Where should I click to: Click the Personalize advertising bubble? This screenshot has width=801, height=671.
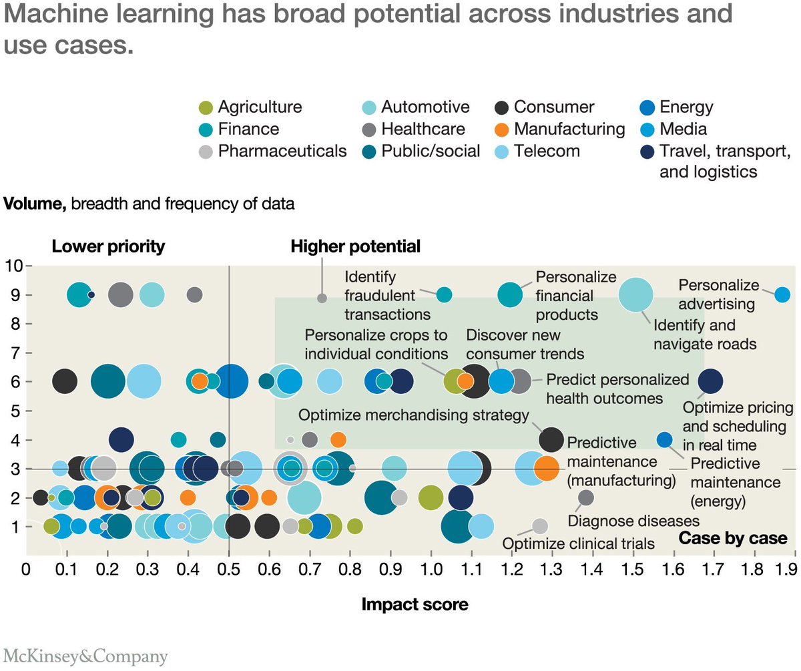point(783,294)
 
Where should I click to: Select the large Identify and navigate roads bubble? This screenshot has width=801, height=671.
point(636,294)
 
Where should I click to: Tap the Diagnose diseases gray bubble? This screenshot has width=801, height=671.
point(585,497)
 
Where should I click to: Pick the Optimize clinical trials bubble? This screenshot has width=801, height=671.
point(540,526)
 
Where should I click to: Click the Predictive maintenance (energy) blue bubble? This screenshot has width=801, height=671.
point(665,439)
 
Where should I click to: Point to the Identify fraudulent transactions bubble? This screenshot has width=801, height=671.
point(444,294)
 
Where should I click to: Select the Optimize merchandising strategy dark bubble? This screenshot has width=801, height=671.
point(551,439)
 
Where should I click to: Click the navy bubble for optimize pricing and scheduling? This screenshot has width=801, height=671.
point(710,381)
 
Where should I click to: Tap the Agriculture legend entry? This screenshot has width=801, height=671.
point(251,107)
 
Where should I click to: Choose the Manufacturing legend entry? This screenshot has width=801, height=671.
point(559,129)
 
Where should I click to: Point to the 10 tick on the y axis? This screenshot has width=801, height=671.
point(13,265)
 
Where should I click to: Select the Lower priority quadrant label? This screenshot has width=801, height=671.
point(108,246)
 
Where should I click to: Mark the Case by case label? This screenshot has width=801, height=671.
point(733,539)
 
